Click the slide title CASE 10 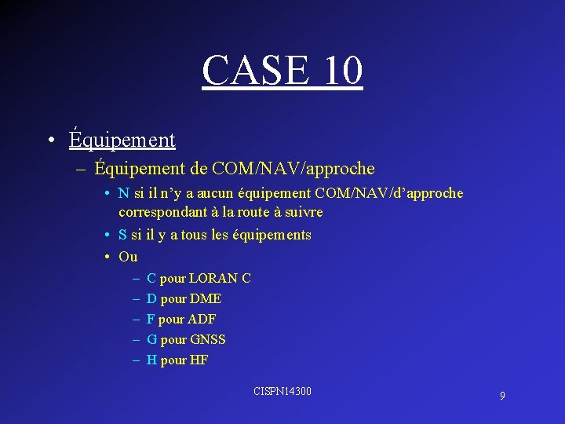point(282,70)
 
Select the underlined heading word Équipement point(122,140)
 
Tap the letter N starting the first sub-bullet point(124,193)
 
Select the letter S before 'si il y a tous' point(123,235)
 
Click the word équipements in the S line point(275,235)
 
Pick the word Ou point(128,257)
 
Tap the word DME point(206,298)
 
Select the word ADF point(202,319)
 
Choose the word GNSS point(208,339)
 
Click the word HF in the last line point(199,360)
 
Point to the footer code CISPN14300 point(282,390)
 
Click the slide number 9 point(502,396)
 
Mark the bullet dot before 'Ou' point(106,257)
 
